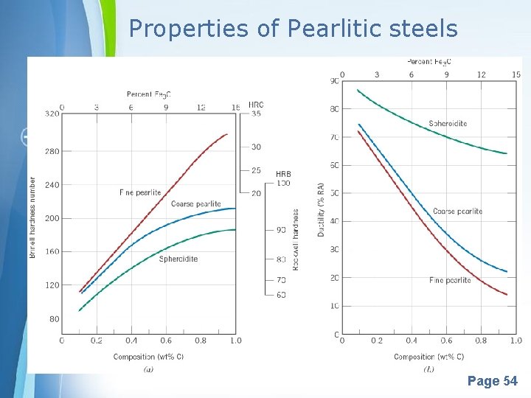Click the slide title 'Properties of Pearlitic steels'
point(293,29)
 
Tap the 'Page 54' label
point(492,381)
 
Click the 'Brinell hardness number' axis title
point(32,217)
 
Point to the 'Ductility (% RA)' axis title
point(321,209)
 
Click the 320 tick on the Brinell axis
point(52,114)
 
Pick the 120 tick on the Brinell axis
point(52,284)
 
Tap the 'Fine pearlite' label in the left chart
point(140,192)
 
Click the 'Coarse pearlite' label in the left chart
point(195,204)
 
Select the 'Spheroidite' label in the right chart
point(448,124)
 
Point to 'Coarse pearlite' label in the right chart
point(457,212)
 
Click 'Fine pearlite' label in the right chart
point(450,280)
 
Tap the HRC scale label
point(256,105)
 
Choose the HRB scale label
point(283,175)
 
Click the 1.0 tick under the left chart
point(235,341)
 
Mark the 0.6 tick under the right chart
point(446,341)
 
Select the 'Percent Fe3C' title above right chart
point(429,62)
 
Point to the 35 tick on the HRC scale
point(256,114)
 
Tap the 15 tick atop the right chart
point(516,74)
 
